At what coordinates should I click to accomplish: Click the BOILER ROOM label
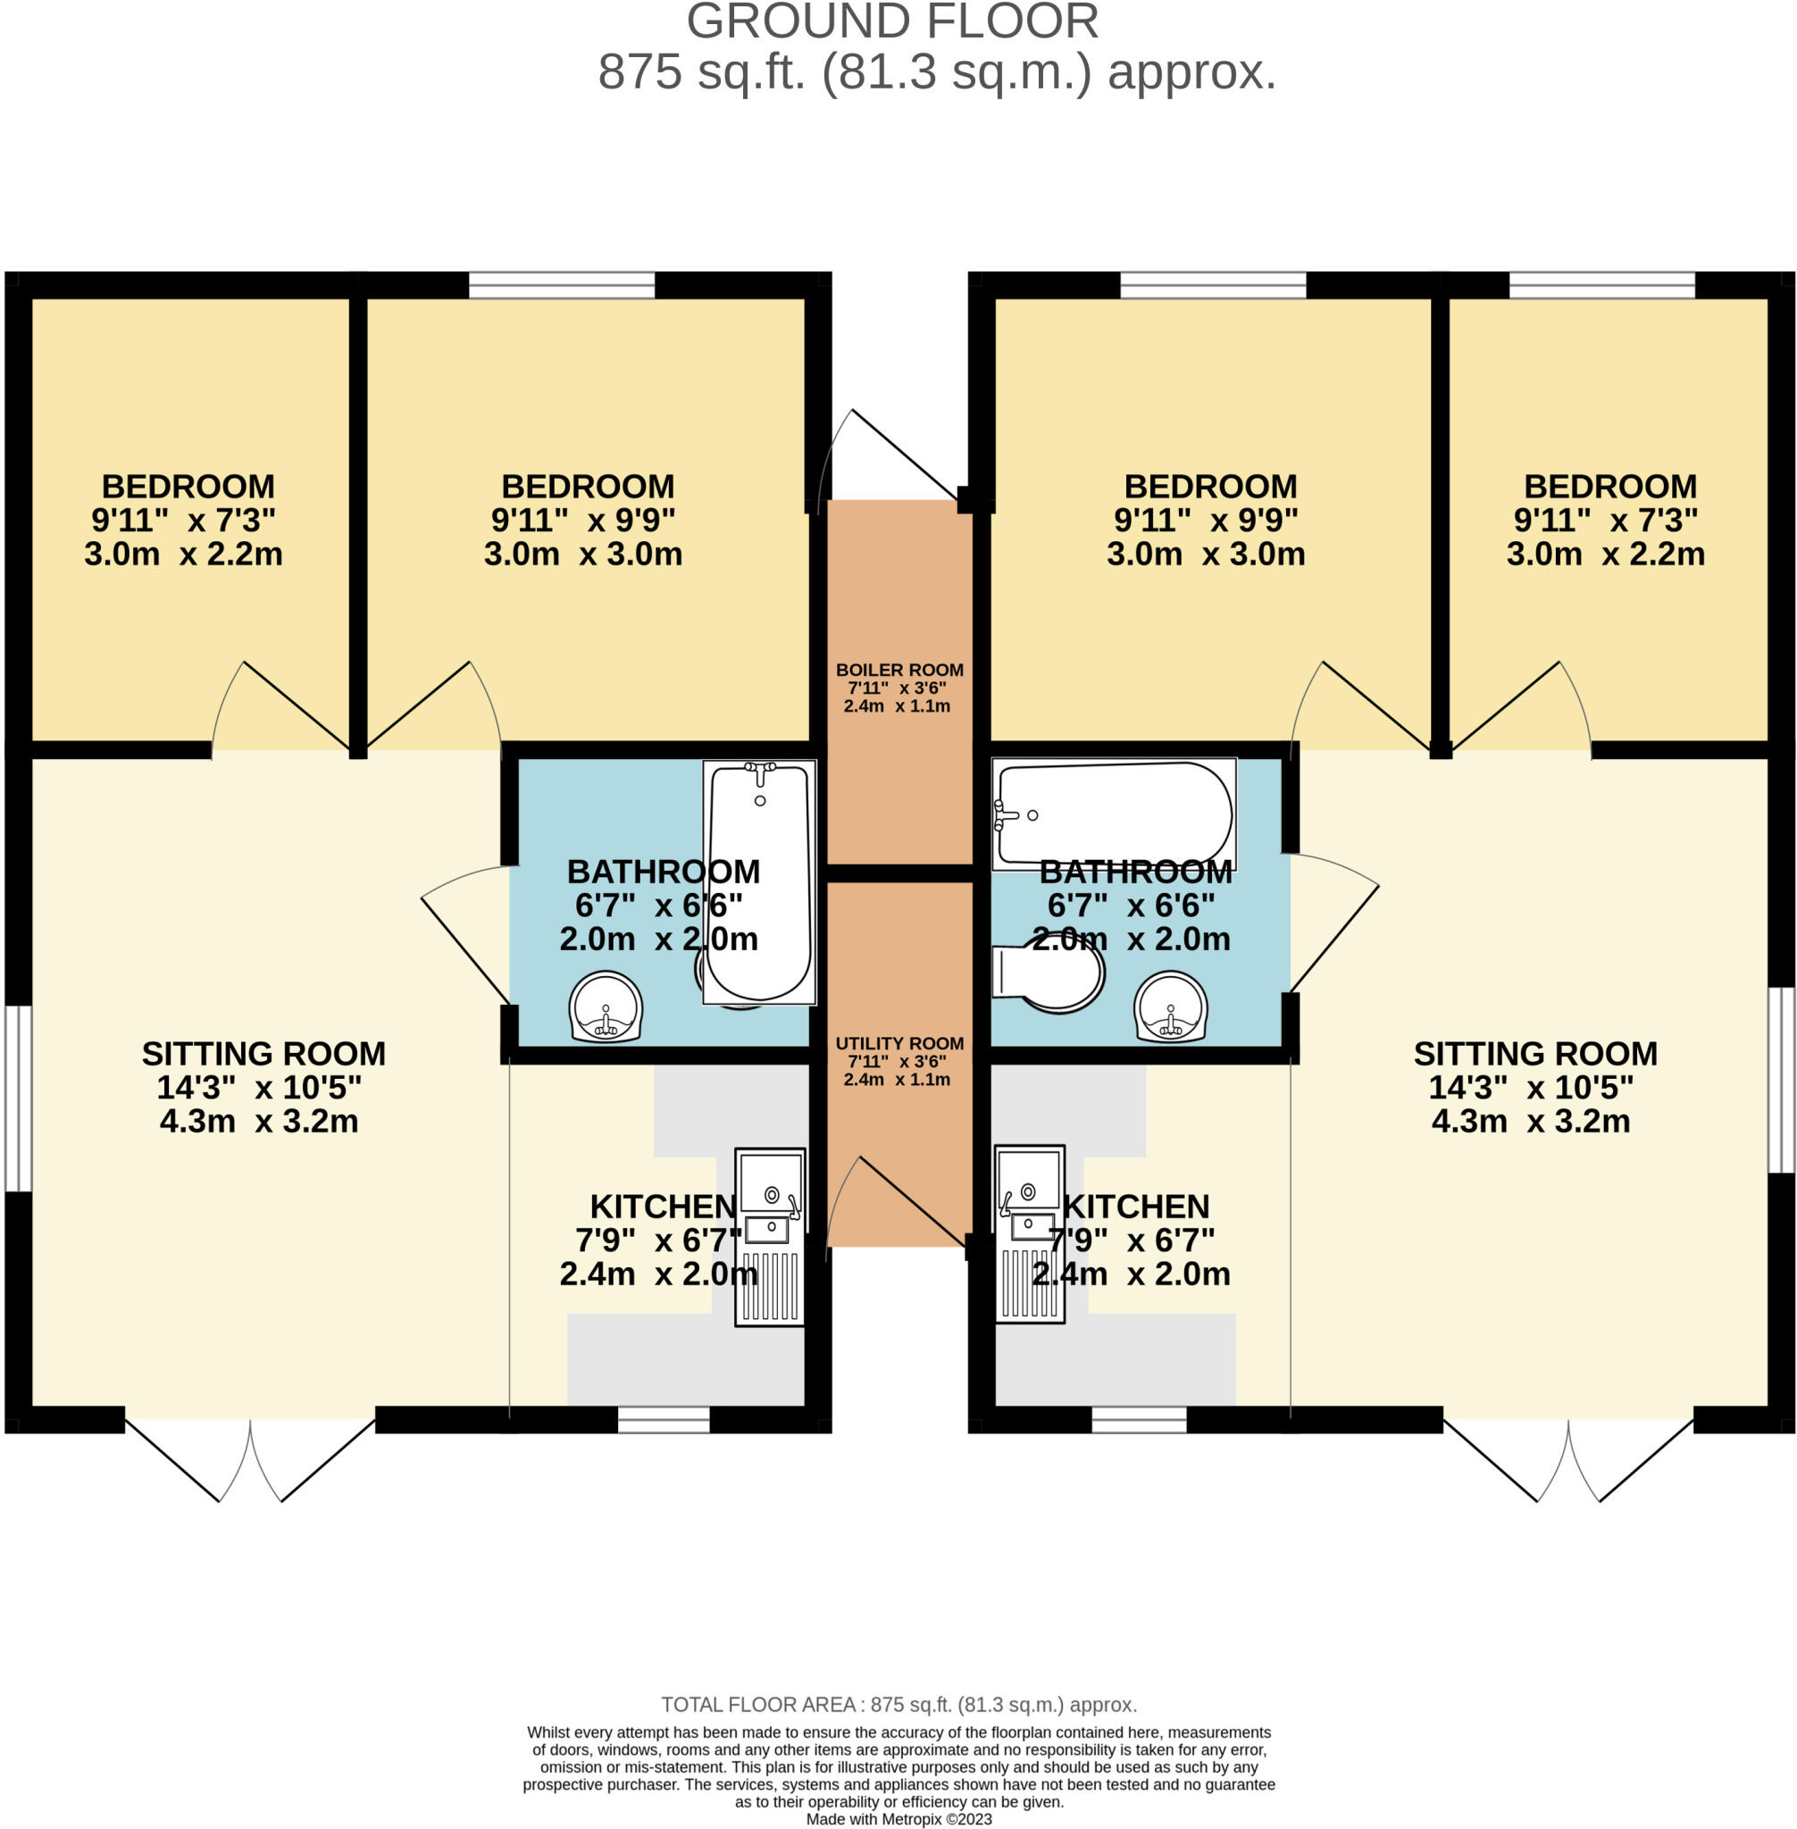tap(899, 669)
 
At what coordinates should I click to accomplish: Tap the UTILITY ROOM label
tap(899, 1043)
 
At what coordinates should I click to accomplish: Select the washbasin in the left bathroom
tap(605, 1008)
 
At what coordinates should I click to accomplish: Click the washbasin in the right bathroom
tap(1170, 1008)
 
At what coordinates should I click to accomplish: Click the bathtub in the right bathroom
tap(1114, 813)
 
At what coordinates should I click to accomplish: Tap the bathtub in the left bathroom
tap(760, 881)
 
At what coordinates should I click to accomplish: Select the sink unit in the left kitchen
tap(770, 1236)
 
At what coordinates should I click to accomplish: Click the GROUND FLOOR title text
tap(893, 22)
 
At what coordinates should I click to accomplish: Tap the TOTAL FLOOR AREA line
tap(898, 1705)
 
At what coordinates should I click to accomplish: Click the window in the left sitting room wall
tap(19, 1098)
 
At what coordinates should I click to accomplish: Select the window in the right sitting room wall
tap(1780, 1080)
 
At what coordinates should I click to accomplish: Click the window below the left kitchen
tap(664, 1419)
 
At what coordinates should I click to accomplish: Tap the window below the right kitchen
tap(1139, 1419)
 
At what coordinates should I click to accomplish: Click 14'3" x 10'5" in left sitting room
tap(259, 1087)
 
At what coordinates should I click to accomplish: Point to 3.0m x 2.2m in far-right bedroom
tap(1605, 554)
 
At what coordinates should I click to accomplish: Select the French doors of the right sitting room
tap(1568, 1458)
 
